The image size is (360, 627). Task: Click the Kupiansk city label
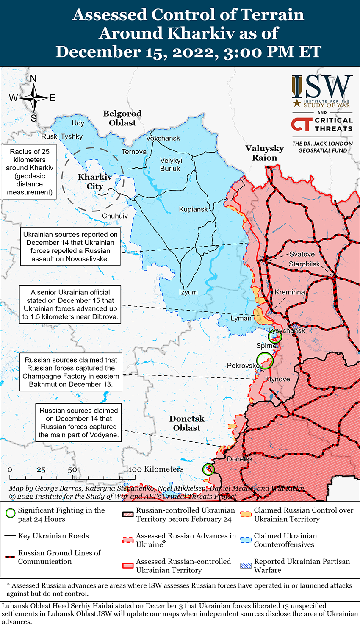pyautogui.click(x=194, y=209)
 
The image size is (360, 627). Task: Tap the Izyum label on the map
pyautogui.click(x=188, y=292)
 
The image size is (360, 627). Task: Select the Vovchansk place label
pyautogui.click(x=163, y=138)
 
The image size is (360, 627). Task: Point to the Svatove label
pyautogui.click(x=302, y=254)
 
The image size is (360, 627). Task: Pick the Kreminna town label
pyautogui.click(x=290, y=292)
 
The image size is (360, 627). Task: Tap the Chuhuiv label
pyautogui.click(x=115, y=216)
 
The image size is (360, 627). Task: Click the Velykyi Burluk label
pyautogui.click(x=170, y=164)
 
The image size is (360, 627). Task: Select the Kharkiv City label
pyautogui.click(x=95, y=182)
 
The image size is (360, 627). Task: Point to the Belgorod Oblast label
pyautogui.click(x=122, y=118)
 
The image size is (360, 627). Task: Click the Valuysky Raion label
pyautogui.click(x=265, y=153)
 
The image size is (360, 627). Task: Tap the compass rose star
pyautogui.click(x=34, y=98)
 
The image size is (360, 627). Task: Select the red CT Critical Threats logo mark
pyautogui.click(x=301, y=124)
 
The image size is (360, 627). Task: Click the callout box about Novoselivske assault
pyautogui.click(x=70, y=247)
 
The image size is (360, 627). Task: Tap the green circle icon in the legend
pyautogui.click(x=11, y=513)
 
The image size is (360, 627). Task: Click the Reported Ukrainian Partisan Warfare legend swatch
pyautogui.click(x=246, y=566)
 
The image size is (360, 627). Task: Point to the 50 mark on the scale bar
pyautogui.click(x=72, y=469)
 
